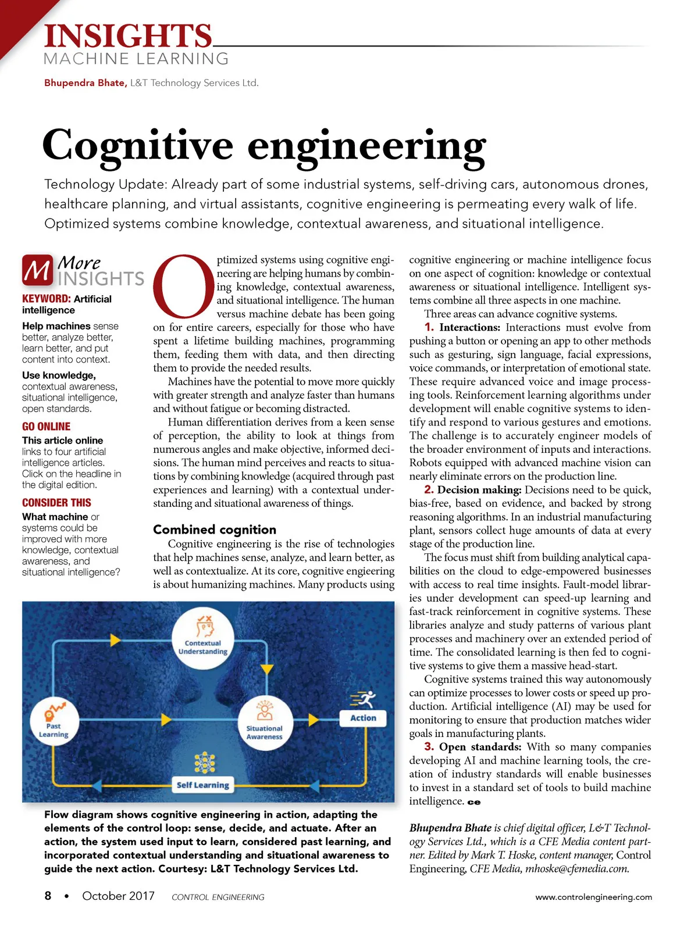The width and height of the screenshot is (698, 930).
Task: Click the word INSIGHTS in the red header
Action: click(128, 36)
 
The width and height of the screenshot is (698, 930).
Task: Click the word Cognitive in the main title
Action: click(138, 146)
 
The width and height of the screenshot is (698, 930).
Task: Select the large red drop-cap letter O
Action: click(183, 285)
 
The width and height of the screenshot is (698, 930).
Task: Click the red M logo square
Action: click(37, 270)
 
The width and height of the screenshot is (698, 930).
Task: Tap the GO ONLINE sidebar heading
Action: click(47, 427)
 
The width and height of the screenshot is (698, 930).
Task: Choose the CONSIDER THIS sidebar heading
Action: click(56, 503)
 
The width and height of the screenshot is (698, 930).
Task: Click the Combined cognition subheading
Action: click(215, 530)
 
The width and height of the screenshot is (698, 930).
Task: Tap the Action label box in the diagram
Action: click(363, 718)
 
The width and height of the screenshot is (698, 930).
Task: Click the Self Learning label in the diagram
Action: click(203, 785)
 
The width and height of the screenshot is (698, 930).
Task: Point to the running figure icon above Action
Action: click(363, 699)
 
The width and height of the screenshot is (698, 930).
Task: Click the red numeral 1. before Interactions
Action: click(429, 327)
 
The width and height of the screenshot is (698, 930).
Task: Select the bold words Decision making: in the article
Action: click(479, 490)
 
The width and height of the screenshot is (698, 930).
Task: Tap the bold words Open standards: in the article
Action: click(480, 747)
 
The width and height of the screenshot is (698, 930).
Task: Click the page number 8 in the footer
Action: click(48, 896)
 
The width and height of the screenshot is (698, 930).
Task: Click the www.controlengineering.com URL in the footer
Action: click(593, 897)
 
